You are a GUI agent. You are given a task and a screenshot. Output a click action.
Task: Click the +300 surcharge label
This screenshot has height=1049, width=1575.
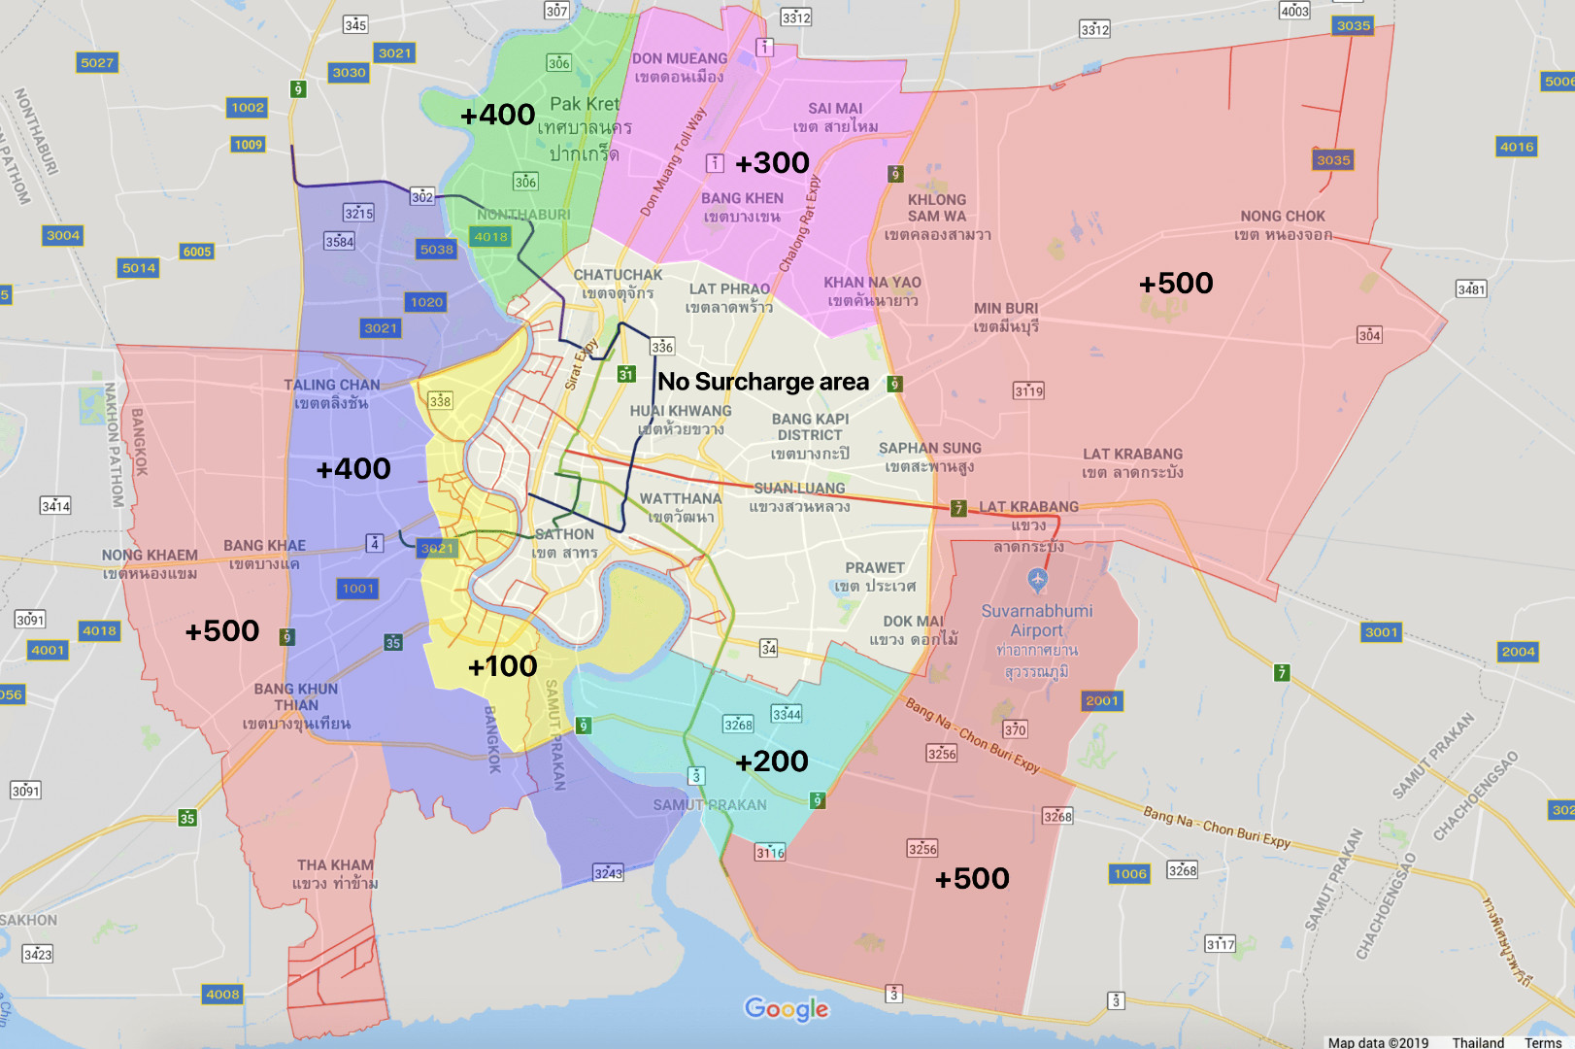772,163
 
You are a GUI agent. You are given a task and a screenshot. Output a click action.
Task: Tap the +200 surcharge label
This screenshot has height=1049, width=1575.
772,761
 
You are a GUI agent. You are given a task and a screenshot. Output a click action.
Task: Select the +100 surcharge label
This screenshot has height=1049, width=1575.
502,666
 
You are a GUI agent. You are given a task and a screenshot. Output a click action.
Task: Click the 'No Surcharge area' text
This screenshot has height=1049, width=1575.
763,382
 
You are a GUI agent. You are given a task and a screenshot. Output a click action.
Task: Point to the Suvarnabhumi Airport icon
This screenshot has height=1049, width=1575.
1037,581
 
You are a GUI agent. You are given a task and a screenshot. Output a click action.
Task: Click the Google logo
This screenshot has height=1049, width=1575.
787,1009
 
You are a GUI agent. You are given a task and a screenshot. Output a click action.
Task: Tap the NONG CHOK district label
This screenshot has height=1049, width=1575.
1283,225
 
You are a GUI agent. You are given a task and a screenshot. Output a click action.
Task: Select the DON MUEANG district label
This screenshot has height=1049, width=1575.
680,67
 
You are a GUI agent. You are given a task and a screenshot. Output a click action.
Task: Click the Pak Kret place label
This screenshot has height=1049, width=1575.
585,105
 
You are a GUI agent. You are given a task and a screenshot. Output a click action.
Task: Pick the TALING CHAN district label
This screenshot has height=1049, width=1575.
332,393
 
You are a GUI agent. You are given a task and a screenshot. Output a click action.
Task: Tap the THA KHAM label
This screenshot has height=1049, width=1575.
335,873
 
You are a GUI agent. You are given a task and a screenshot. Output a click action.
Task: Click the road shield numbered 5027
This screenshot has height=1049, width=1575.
97,63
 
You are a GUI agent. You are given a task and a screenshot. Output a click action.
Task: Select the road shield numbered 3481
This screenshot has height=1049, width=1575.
1471,289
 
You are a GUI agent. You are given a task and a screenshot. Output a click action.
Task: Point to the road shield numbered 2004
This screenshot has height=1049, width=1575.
1518,652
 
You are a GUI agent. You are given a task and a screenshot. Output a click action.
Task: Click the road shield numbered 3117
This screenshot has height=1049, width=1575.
1220,944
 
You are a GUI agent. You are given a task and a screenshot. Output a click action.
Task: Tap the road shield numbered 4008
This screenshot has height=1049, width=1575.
222,995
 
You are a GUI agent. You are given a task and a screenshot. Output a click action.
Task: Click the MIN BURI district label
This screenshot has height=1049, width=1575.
1006,317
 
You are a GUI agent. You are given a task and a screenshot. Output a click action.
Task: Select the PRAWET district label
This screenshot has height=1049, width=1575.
875,576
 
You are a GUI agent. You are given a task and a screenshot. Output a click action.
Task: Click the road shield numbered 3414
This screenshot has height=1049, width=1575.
55,506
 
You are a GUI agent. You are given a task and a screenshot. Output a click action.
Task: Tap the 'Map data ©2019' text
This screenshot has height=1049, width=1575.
1378,1042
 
